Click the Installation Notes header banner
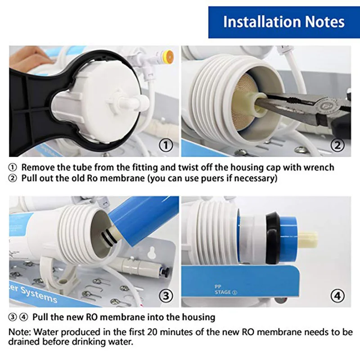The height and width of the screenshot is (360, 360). click(284, 22)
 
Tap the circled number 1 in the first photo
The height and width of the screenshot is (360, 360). click(167, 145)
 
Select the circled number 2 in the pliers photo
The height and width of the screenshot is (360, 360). click(338, 145)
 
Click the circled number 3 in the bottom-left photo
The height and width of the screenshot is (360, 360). click(167, 296)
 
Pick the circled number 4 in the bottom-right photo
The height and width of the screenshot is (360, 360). click(338, 296)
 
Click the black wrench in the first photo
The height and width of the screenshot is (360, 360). click(31, 112)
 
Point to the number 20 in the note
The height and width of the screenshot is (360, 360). click(153, 332)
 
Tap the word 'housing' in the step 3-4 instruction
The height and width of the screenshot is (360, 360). click(194, 317)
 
